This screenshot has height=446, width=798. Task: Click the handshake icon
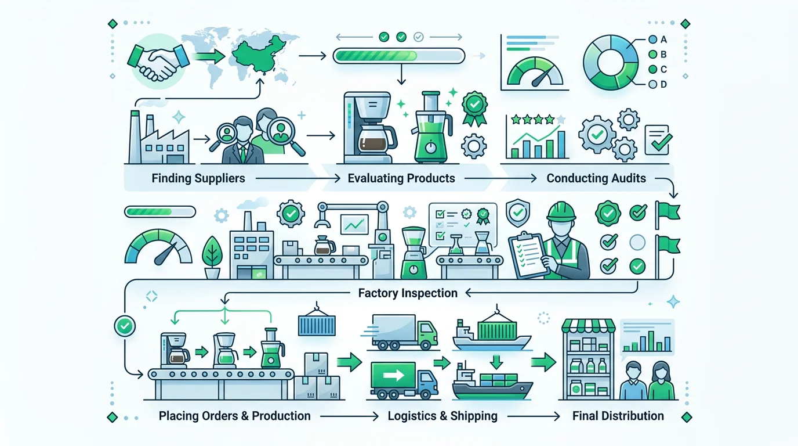(x=158, y=62)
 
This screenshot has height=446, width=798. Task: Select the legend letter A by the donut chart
(x=663, y=39)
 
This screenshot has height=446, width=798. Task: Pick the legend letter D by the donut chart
(x=663, y=85)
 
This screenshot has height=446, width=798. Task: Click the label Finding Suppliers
(x=198, y=178)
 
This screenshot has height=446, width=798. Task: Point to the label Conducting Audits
(x=596, y=178)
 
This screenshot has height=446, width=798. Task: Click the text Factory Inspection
(x=408, y=293)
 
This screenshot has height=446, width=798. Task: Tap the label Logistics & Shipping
(x=442, y=416)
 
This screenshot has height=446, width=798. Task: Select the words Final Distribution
(x=618, y=416)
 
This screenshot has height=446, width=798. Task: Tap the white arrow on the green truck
(x=393, y=375)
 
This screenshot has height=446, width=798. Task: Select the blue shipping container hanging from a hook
(x=317, y=326)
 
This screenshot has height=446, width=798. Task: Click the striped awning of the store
(x=588, y=326)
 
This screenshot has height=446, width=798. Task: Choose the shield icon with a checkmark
(x=518, y=213)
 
